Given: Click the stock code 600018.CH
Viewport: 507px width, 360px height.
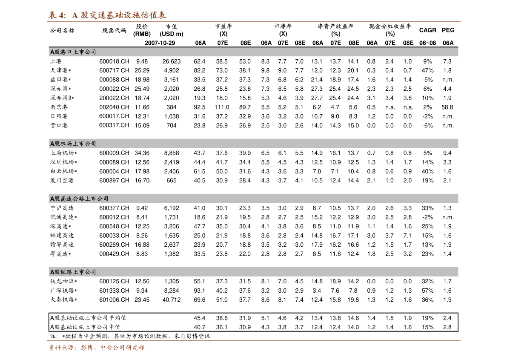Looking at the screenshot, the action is pyautogui.click(x=114, y=61).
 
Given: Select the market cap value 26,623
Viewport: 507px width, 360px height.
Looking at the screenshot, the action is pyautogui.click(x=172, y=61).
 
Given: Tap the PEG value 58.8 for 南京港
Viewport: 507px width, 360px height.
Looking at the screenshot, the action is pyautogui.click(x=447, y=107).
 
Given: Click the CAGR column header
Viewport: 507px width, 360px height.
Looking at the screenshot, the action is pyautogui.click(x=427, y=30).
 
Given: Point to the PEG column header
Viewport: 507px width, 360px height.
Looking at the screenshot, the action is pyautogui.click(x=448, y=30).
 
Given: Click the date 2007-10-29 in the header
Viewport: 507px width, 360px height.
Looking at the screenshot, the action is pyautogui.click(x=160, y=43).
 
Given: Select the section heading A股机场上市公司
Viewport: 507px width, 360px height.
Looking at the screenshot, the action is pyautogui.click(x=73, y=144).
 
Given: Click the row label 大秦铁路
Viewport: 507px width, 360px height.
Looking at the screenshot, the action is pyautogui.click(x=63, y=300).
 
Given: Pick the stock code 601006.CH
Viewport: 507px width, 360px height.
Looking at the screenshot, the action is pyautogui.click(x=114, y=300).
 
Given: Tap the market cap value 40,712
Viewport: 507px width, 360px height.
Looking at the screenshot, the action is pyautogui.click(x=172, y=300).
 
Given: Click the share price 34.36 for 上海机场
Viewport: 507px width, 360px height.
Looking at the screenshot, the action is pyautogui.click(x=142, y=153).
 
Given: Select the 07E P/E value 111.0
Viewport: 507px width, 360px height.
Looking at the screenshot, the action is pyautogui.click(x=222, y=107).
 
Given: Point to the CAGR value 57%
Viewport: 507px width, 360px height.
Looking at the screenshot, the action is pyautogui.click(x=427, y=291).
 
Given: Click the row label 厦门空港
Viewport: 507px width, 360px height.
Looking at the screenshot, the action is pyautogui.click(x=62, y=180).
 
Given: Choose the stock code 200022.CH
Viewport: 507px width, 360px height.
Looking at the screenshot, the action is pyautogui.click(x=114, y=98).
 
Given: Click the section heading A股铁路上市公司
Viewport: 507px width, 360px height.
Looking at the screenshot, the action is pyautogui.click(x=73, y=272).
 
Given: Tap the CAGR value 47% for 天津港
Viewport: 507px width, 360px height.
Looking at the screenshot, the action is pyautogui.click(x=427, y=70).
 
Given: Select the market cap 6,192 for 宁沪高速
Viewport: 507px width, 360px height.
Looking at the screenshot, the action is pyautogui.click(x=172, y=208).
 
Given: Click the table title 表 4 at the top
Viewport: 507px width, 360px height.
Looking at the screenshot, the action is pyautogui.click(x=57, y=15).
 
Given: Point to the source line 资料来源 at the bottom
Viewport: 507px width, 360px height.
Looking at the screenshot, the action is pyautogui.click(x=96, y=348).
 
